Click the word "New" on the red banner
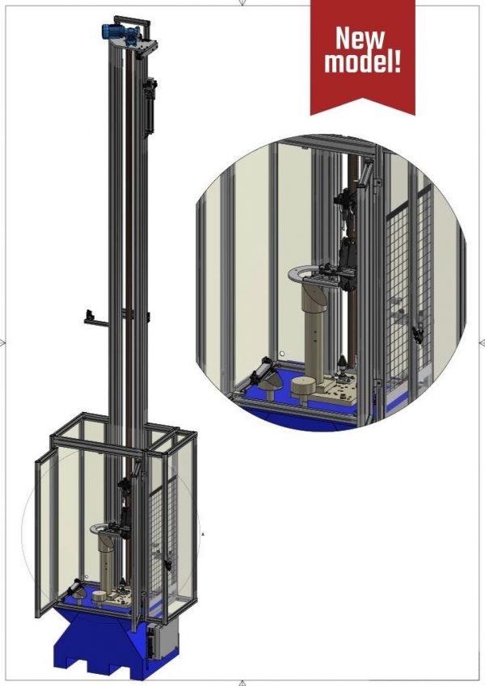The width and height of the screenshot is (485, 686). tap(361, 37)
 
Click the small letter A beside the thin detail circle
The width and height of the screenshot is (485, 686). tap(202, 534)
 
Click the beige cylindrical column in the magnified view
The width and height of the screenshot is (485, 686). tap(310, 339)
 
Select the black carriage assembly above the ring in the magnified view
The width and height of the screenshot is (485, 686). tap(345, 242)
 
